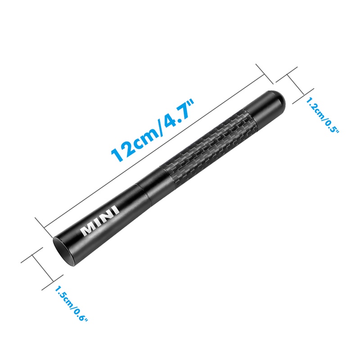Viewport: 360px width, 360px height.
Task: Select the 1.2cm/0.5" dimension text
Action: pos(322,115)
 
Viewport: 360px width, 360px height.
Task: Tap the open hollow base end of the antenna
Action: pos(65,252)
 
